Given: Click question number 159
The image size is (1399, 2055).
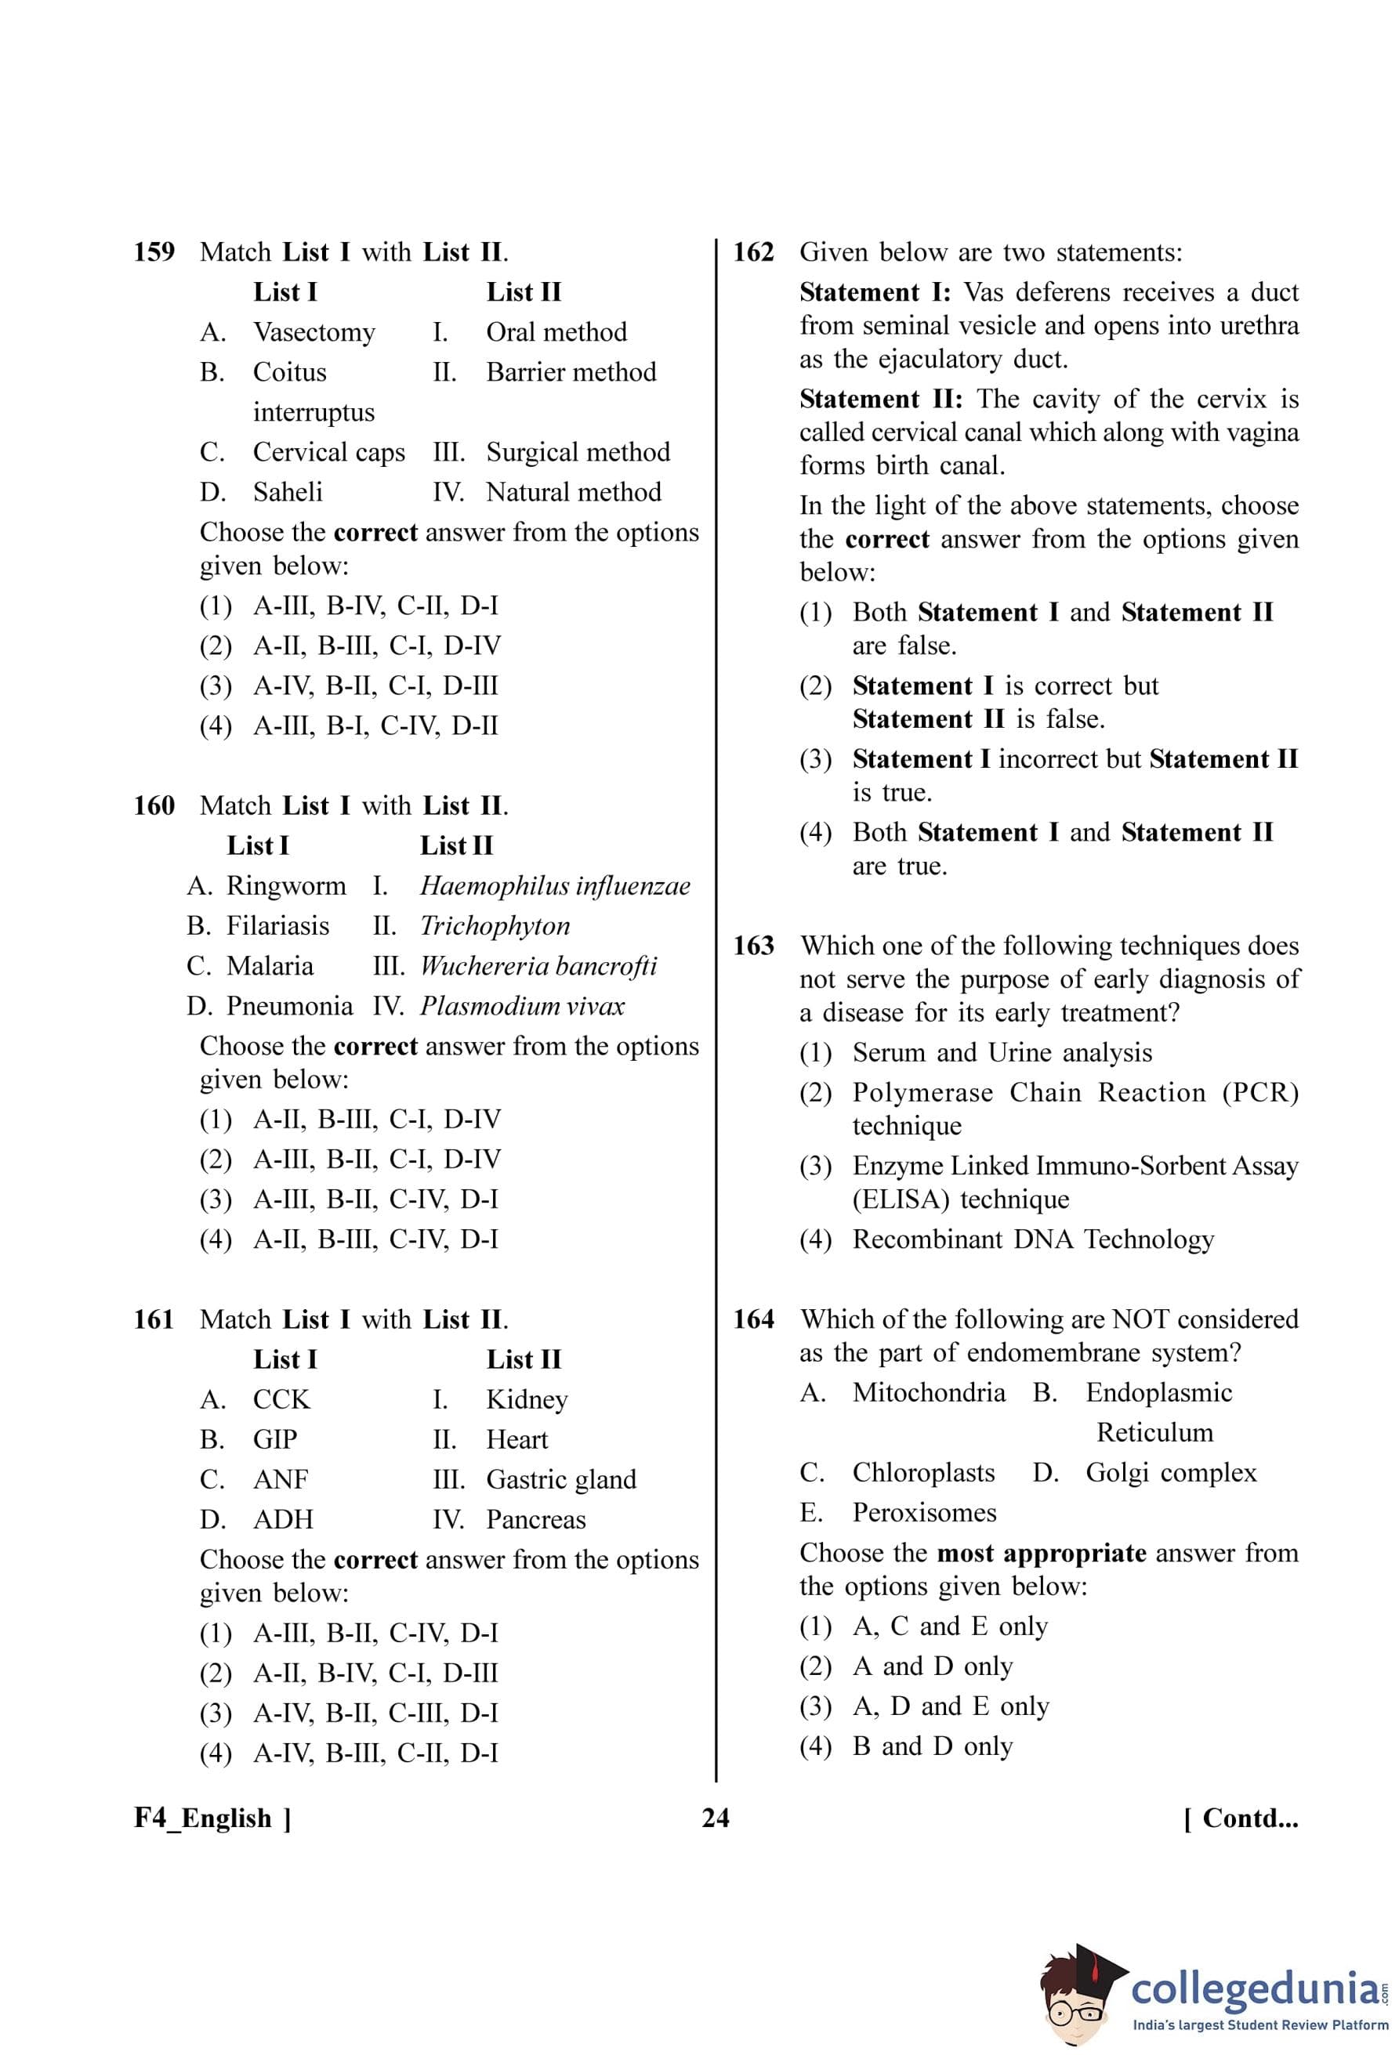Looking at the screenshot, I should (x=154, y=252).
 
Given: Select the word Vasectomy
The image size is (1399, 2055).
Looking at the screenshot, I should (x=314, y=332).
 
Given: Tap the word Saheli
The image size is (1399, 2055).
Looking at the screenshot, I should (x=288, y=492).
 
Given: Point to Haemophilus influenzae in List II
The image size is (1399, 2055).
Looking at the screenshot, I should (x=554, y=885).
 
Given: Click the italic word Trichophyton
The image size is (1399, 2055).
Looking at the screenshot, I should (x=495, y=926).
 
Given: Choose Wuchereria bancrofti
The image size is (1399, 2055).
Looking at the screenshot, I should (x=538, y=965).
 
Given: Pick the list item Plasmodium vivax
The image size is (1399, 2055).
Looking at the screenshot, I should (x=522, y=1005).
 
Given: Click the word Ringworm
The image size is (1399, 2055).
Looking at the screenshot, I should (x=285, y=885).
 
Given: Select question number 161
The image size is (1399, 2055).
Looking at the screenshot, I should (x=154, y=1319).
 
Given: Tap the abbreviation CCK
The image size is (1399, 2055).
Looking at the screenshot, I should (x=281, y=1399).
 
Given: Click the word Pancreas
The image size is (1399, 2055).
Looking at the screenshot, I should (x=536, y=1519).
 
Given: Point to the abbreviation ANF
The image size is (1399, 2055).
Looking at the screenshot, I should (x=281, y=1479).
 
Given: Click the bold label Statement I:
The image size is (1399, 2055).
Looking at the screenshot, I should (x=875, y=293).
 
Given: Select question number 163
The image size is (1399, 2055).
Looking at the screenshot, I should (x=753, y=946).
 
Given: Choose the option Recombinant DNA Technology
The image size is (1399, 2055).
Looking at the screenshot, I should (x=1033, y=1239).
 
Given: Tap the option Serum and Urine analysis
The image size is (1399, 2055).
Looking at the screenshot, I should (x=1002, y=1052).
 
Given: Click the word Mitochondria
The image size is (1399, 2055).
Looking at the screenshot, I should (x=929, y=1393).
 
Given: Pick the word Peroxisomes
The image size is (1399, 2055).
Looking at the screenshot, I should (x=924, y=1512).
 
